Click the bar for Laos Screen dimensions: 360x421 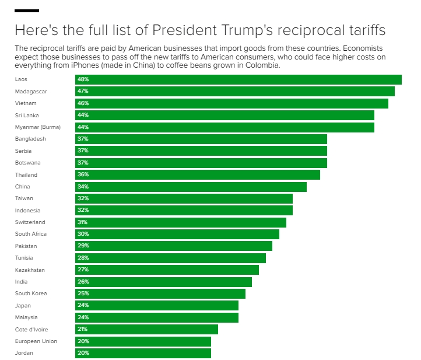pos(238,79)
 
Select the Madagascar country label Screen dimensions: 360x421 pos(31,92)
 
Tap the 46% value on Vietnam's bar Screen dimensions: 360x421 pos(83,103)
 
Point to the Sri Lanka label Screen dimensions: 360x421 pos(27,116)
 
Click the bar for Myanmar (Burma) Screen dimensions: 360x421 pos(224,127)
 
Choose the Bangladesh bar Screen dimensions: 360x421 pos(201,139)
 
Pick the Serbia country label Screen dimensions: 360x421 pos(23,151)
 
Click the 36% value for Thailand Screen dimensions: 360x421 pos(83,174)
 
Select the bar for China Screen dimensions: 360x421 pos(191,187)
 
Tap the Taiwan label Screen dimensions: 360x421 pos(24,198)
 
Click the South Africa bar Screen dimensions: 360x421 pos(177,234)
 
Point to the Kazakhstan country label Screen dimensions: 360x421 pos(30,270)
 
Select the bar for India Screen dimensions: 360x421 pos(163,282)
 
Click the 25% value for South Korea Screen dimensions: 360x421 pos(83,293)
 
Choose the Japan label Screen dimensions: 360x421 pos(23,306)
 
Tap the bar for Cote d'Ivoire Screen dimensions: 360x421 pos(146,329)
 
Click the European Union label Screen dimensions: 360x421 pos(36,341)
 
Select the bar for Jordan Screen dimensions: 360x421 pos(143,353)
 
